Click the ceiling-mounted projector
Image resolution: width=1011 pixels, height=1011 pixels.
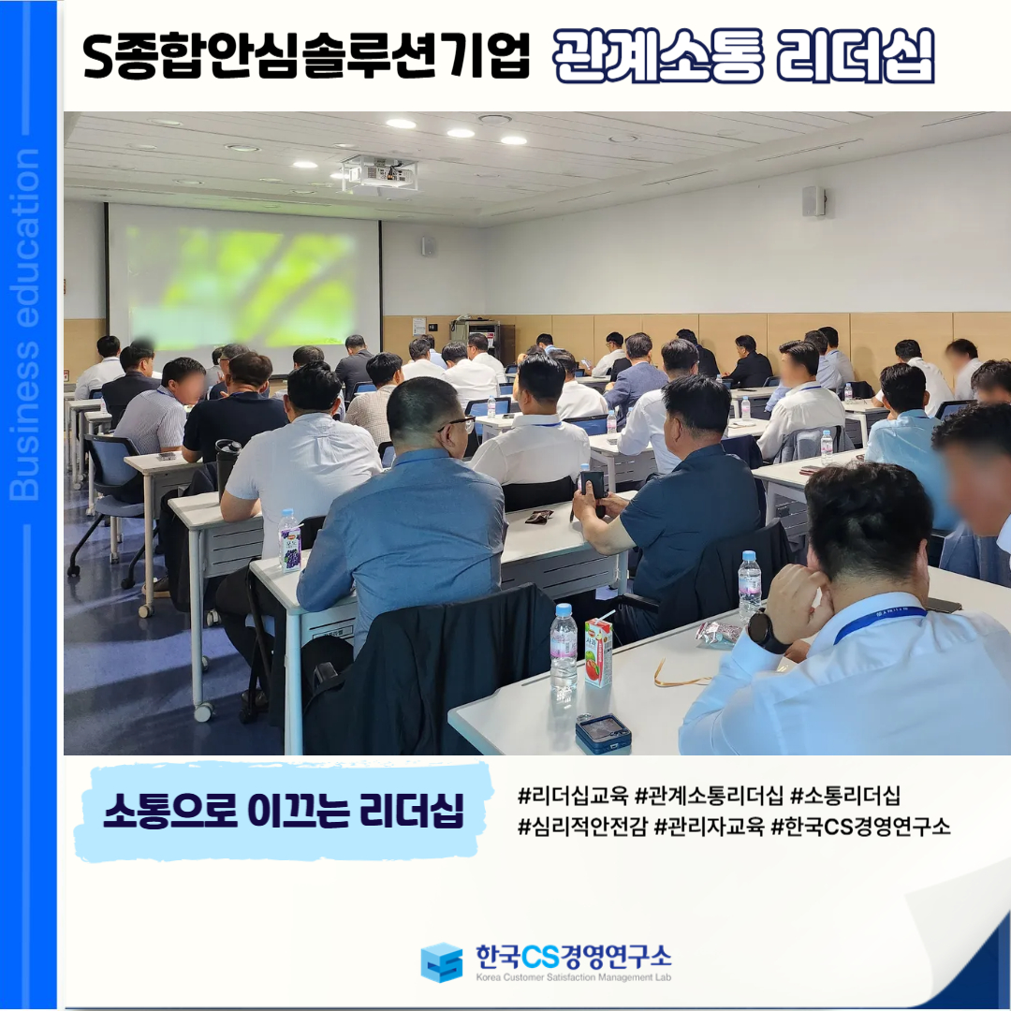pos(379,173)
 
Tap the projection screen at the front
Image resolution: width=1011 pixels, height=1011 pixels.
pos(243,286)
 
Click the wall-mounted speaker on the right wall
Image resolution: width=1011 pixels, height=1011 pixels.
pos(813,201)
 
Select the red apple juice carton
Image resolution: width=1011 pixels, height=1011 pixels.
pos(598,652)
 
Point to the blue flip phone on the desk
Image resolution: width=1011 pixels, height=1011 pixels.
pos(602,733)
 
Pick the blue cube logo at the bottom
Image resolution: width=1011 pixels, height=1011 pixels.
pos(442,961)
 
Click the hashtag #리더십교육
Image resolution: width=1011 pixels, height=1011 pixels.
pos(573,796)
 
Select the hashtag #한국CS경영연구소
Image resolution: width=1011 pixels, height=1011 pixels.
pos(861,826)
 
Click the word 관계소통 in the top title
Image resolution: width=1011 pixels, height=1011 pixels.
pos(658,56)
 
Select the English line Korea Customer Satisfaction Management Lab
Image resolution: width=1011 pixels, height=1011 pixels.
pos(573,976)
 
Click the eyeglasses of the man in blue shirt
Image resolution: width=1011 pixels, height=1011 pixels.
pos(460,424)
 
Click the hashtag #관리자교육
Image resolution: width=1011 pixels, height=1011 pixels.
pos(709,826)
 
